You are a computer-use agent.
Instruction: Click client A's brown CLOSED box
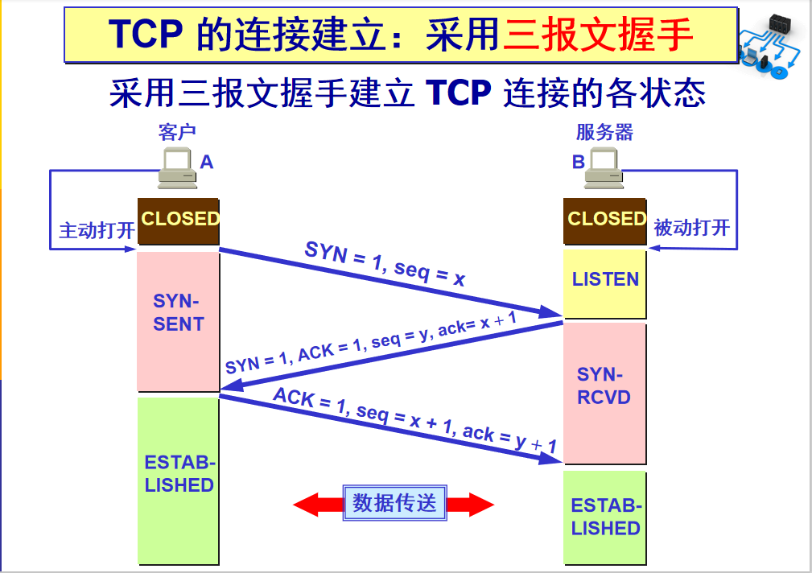click(179, 221)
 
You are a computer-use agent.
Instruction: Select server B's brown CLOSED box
click(605, 221)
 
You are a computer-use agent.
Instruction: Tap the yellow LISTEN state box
click(605, 282)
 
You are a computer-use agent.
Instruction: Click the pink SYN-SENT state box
click(178, 320)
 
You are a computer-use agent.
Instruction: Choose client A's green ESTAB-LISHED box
click(178, 480)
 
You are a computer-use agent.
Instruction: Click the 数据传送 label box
click(394, 504)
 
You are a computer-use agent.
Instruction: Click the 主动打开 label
click(97, 230)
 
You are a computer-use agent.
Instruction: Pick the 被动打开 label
click(691, 228)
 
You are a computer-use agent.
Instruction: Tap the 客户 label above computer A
click(177, 132)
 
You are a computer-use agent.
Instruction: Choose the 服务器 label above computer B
click(604, 132)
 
